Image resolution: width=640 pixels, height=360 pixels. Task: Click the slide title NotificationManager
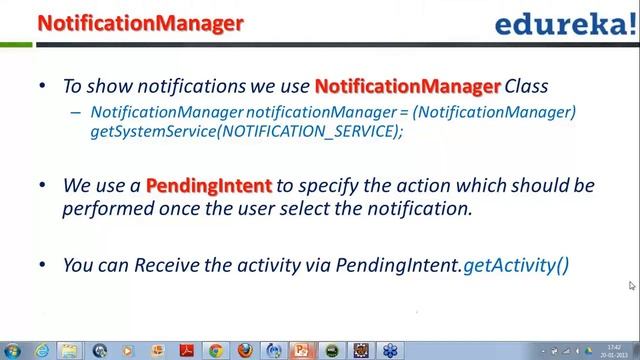[x=140, y=23]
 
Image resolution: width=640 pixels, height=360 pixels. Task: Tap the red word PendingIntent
[x=208, y=187]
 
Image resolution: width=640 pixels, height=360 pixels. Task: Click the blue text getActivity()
[x=516, y=265]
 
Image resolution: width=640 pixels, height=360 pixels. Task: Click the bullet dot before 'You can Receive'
[x=41, y=265]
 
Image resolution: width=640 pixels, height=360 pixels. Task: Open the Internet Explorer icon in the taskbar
[x=42, y=350]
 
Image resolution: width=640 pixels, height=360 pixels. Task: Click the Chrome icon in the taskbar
[x=215, y=350]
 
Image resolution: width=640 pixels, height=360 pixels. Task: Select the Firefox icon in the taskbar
[x=244, y=350]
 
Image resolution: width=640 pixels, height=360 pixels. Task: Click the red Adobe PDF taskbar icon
[x=186, y=350]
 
